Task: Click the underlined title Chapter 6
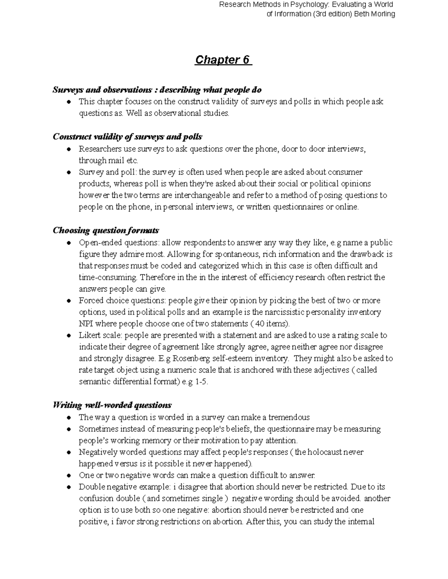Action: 223,60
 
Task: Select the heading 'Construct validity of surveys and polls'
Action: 128,137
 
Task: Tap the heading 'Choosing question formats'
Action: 106,230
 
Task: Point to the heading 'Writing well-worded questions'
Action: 112,405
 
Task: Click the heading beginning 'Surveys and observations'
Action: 157,90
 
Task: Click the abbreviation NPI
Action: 86,324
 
